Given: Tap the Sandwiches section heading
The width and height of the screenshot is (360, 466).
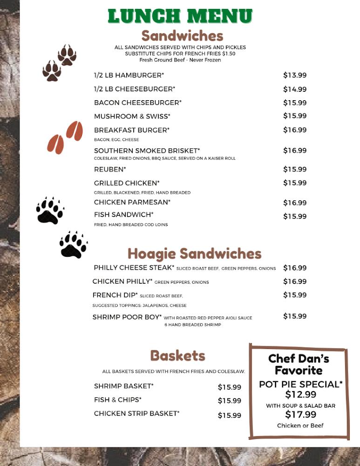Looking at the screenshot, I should pyautogui.click(x=182, y=36).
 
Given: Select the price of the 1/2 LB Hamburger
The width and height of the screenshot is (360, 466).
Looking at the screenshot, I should pyautogui.click(x=295, y=75).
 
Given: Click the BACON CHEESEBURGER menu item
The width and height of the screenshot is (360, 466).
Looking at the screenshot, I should pyautogui.click(x=137, y=103).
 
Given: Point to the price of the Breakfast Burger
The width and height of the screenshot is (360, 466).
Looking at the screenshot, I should pyautogui.click(x=295, y=130).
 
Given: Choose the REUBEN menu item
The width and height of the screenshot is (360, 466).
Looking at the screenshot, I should pyautogui.click(x=110, y=169).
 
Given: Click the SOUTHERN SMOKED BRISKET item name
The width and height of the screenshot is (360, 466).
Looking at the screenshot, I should pyautogui.click(x=147, y=151).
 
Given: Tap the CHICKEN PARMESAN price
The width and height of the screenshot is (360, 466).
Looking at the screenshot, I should pyautogui.click(x=295, y=203).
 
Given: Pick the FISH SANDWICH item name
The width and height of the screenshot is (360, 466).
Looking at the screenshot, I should pyautogui.click(x=123, y=214).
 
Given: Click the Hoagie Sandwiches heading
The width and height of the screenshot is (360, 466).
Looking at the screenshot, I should pyautogui.click(x=194, y=254).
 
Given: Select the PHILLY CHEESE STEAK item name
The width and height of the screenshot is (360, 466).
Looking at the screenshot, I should pyautogui.click(x=134, y=267).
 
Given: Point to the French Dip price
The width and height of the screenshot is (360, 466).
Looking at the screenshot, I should pyautogui.click(x=295, y=295).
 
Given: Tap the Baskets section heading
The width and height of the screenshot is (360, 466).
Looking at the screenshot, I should pyautogui.click(x=177, y=356).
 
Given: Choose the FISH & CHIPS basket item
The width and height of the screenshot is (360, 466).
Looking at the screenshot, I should pyautogui.click(x=117, y=400).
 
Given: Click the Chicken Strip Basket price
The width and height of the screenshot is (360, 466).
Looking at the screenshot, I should pyautogui.click(x=230, y=415).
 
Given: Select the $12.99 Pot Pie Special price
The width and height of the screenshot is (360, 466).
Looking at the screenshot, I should pyautogui.click(x=300, y=394).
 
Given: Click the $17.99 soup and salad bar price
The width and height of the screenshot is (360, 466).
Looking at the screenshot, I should pyautogui.click(x=300, y=414).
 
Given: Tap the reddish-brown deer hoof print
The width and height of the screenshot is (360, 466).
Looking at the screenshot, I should pyautogui.click(x=65, y=137).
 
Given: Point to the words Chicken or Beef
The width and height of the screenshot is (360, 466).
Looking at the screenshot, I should pyautogui.click(x=300, y=425).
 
